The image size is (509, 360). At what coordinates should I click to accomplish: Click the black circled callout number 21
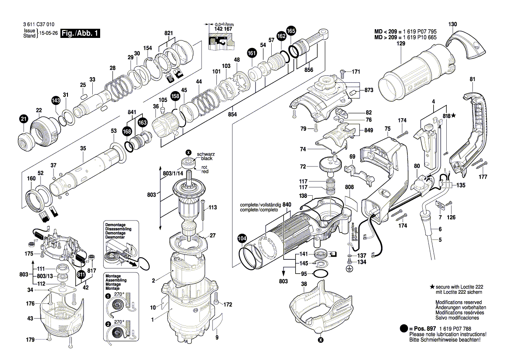(x=24, y=119)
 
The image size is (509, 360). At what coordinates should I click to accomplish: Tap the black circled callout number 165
(x=291, y=31)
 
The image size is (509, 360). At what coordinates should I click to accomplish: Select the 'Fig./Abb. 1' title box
(x=80, y=33)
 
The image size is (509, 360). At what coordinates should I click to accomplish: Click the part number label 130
(x=452, y=24)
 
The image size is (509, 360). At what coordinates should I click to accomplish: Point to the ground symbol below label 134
(x=349, y=269)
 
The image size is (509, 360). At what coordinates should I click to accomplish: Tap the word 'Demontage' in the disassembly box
(x=115, y=224)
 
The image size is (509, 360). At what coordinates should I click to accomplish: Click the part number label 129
(x=401, y=44)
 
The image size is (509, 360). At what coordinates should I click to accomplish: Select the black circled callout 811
(x=81, y=275)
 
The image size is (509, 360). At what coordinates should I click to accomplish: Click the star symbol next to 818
(x=454, y=115)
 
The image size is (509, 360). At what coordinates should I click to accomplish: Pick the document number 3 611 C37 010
(x=39, y=24)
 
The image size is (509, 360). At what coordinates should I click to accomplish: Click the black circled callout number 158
(x=175, y=96)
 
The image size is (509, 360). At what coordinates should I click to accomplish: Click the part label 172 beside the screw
(x=228, y=305)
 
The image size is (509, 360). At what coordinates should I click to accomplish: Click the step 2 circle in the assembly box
(x=108, y=324)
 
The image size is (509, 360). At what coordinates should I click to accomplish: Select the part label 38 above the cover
(x=304, y=284)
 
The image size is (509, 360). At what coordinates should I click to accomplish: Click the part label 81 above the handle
(x=472, y=79)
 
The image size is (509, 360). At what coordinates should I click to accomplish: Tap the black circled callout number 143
(x=56, y=101)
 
